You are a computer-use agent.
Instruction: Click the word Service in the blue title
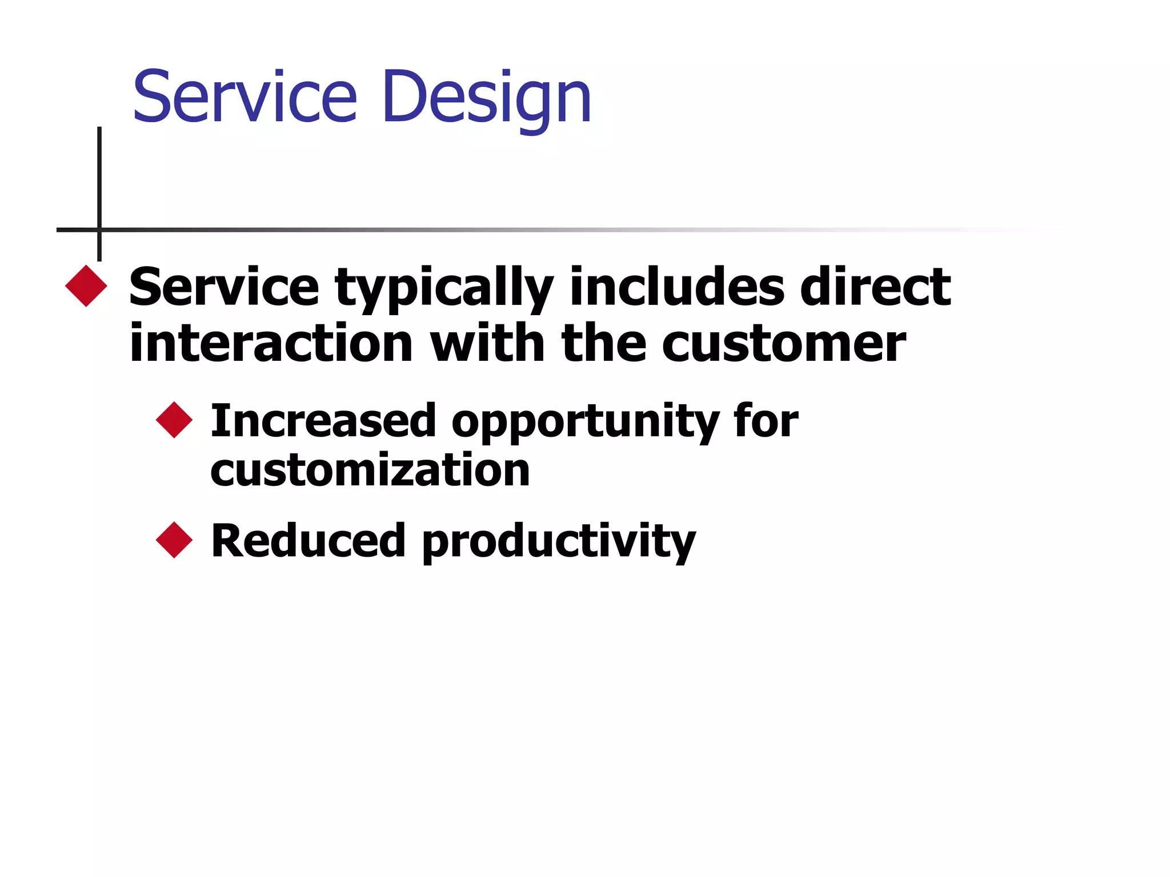[x=245, y=97]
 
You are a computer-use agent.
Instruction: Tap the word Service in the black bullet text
[x=224, y=287]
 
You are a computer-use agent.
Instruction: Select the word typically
[x=444, y=288]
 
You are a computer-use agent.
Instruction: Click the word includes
[x=677, y=287]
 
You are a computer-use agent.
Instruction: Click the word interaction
[x=271, y=343]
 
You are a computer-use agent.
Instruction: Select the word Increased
[x=323, y=421]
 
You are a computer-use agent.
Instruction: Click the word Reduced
[x=308, y=541]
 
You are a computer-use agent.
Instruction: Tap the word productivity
[x=559, y=542]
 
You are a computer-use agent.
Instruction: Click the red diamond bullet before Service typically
[x=86, y=286]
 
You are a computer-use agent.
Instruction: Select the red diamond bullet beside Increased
[x=174, y=420]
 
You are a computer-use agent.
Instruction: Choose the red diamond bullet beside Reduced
[x=174, y=540]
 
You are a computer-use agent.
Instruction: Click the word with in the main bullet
[x=487, y=343]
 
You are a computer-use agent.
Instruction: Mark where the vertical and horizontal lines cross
[x=99, y=230]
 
